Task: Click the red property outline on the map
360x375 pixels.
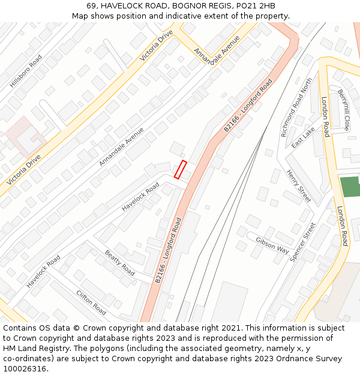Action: coord(180,169)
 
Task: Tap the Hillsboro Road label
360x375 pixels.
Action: coord(26,71)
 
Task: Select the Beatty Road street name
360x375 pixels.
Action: coord(119,262)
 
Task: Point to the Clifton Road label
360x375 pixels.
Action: coord(91,302)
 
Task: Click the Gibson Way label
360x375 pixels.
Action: coord(272,245)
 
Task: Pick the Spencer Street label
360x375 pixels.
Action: coord(302,242)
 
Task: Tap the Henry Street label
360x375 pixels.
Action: coord(299,186)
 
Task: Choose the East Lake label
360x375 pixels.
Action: coord(302,137)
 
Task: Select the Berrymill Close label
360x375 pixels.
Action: coord(344,110)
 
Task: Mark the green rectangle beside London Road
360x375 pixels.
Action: coord(350,186)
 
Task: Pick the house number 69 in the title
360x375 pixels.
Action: coord(91,5)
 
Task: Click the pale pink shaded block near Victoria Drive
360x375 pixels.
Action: coord(24,135)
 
